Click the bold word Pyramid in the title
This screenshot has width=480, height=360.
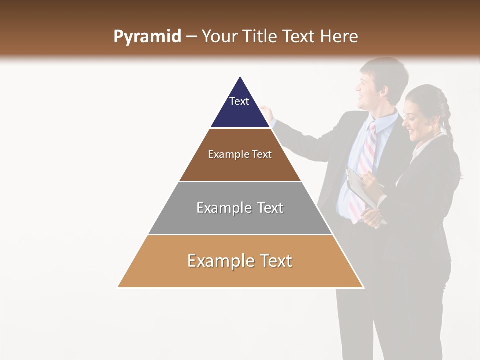click(x=147, y=37)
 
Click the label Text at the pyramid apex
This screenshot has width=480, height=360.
click(x=239, y=101)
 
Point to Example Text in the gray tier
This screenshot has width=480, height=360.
click(x=240, y=208)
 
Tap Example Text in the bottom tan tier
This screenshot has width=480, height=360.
click(x=240, y=261)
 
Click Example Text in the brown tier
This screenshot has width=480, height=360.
click(x=240, y=154)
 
